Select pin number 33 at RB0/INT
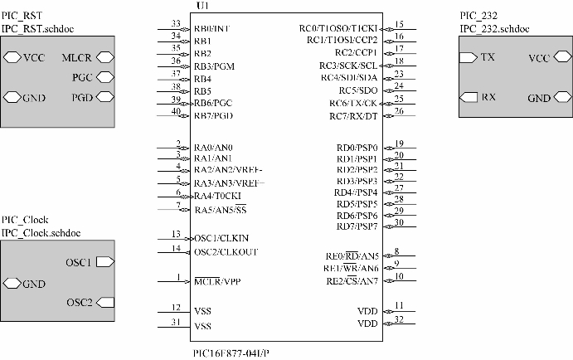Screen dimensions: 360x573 click(x=175, y=23)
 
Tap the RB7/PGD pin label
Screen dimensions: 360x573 click(x=212, y=115)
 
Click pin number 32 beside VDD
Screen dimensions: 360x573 click(x=399, y=318)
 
